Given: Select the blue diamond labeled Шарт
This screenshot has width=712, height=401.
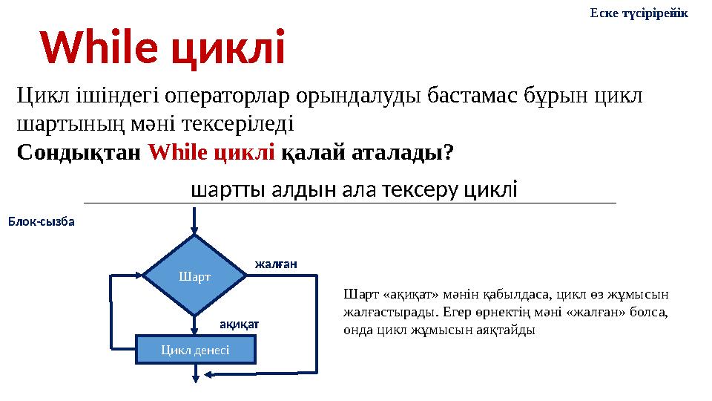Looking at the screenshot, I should pos(194,276).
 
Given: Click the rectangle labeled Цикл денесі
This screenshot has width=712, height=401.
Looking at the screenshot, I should pos(194,349).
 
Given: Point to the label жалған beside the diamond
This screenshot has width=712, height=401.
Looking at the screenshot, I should pos(276,263).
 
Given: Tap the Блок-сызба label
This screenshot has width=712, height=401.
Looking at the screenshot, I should pos(42,221).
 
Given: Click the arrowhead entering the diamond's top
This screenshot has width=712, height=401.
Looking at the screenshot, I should pos(194,229).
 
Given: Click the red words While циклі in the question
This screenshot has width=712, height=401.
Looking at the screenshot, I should pos(211,152).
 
